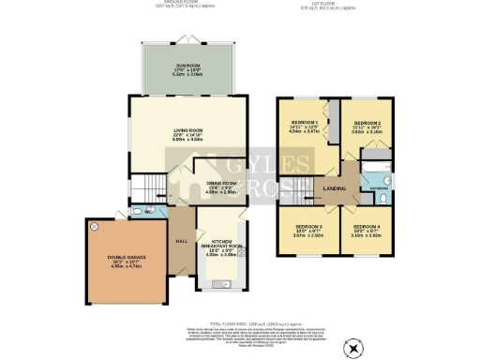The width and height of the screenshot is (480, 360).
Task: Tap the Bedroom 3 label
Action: click(309, 231)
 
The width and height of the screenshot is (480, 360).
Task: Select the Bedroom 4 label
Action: click(367, 231)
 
